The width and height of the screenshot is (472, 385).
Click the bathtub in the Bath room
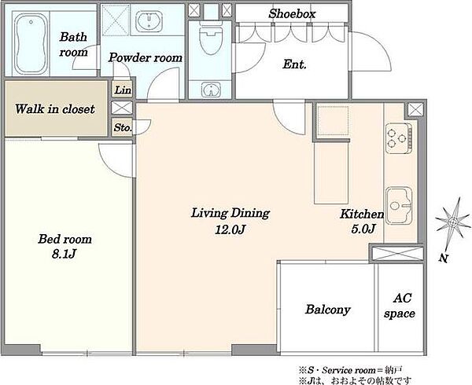click(31, 43)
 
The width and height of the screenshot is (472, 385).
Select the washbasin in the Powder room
click(149, 21)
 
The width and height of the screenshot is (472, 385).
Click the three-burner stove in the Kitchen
click(399, 138)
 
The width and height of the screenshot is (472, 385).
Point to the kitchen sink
click(399, 206)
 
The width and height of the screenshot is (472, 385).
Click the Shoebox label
click(292, 14)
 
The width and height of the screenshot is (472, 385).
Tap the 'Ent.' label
click(294, 64)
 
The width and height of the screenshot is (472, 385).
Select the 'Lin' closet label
click(123, 90)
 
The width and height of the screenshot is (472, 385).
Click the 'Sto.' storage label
click(123, 128)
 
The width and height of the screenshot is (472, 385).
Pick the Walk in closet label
click(55, 108)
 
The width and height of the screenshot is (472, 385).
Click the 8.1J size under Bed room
click(64, 255)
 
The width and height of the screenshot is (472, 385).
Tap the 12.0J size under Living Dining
click(230, 230)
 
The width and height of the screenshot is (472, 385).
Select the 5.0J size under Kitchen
click(363, 229)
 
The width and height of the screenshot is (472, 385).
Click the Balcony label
click(328, 310)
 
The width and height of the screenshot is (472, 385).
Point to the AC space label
click(400, 306)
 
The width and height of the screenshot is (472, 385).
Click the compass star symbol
click(453, 222)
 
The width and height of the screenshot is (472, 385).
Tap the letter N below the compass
click(443, 258)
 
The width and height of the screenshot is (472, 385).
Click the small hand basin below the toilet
click(211, 90)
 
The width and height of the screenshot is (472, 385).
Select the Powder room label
click(146, 57)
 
